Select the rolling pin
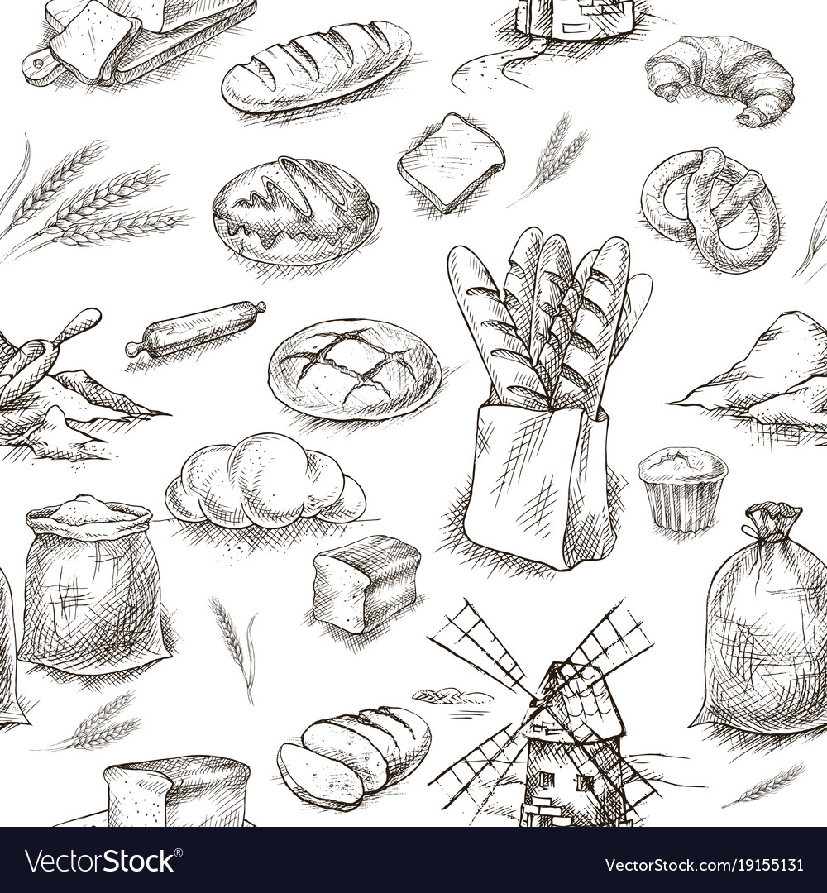(x=195, y=328)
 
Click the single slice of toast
(x=451, y=161)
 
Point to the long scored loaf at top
(x=316, y=65)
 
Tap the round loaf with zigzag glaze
(x=295, y=211)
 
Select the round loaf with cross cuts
(x=354, y=369)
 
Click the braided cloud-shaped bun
(x=265, y=480)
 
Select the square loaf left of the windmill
(x=366, y=583)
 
